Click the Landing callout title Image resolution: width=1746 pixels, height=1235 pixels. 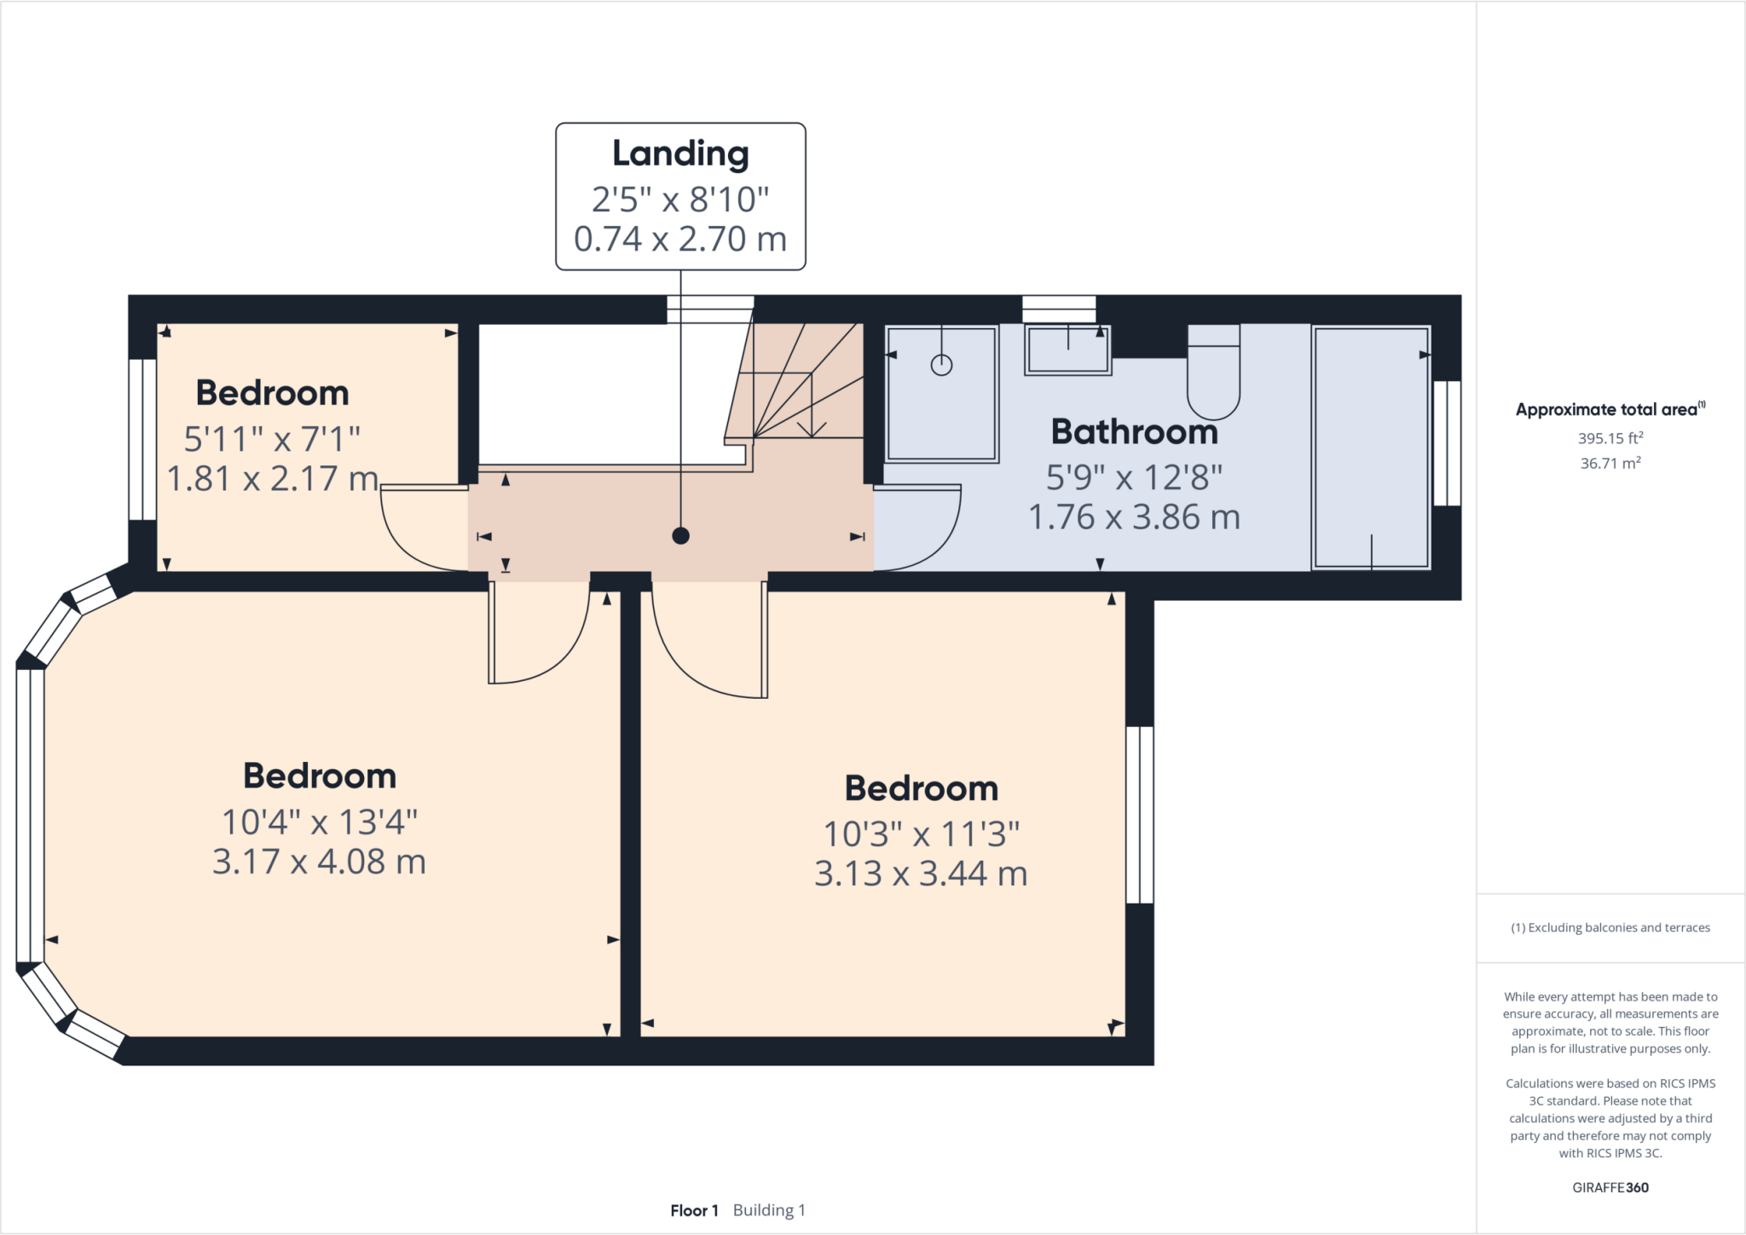coord(680,153)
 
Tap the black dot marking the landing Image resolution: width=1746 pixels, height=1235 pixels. coord(680,536)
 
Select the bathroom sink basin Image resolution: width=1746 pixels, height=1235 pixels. coord(1067,350)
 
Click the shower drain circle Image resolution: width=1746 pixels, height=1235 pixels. coord(941,366)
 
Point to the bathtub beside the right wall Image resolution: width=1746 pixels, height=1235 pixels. coord(1371,447)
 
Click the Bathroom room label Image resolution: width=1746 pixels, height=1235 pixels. coord(1134,432)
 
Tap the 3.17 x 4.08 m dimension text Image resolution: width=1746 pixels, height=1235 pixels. coord(319,862)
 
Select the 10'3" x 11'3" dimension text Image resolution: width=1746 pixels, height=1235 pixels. coord(921,834)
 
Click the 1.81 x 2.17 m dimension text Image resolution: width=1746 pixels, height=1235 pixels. coord(272,479)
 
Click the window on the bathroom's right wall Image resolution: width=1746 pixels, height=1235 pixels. coord(1447,443)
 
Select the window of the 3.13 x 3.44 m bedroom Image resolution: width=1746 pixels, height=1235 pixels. coord(1139,815)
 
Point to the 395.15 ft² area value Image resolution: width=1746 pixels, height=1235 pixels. coord(1610,438)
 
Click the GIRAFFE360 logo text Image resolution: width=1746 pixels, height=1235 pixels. coord(1610,1187)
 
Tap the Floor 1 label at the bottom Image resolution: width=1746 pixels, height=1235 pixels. coord(694,1210)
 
